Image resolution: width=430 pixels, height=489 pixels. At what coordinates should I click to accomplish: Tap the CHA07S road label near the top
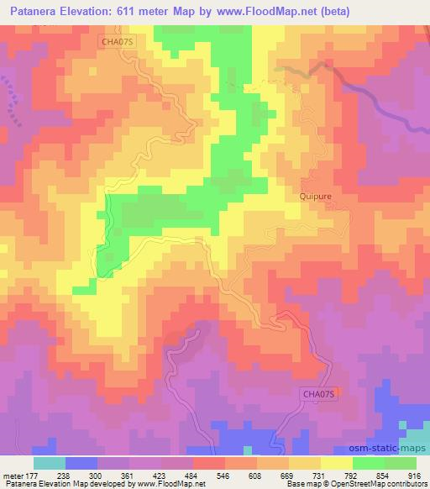[x=118, y=37]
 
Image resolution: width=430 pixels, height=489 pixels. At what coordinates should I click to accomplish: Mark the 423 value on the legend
[x=158, y=476]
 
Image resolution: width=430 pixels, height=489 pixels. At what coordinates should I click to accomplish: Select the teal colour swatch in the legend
[x=50, y=463]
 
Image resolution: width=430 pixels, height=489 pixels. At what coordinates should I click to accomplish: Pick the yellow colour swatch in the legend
[x=337, y=463]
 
